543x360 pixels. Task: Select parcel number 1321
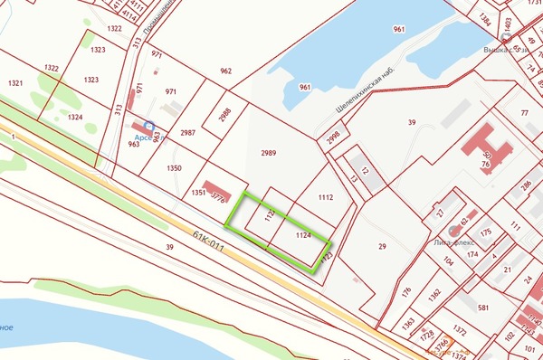point(15,82)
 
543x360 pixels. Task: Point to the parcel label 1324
point(75,117)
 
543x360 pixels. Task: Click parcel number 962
point(225,70)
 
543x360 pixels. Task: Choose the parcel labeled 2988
point(225,114)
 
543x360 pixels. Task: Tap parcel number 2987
point(187,132)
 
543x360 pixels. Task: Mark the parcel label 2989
point(268,153)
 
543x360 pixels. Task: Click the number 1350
point(174,167)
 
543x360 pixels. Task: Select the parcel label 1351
point(198,192)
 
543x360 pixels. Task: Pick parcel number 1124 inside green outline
point(304,235)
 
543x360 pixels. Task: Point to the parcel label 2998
point(332,137)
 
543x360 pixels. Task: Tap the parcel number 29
point(382,246)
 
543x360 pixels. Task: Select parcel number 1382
point(434,293)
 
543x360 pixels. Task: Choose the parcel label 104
point(448,261)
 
